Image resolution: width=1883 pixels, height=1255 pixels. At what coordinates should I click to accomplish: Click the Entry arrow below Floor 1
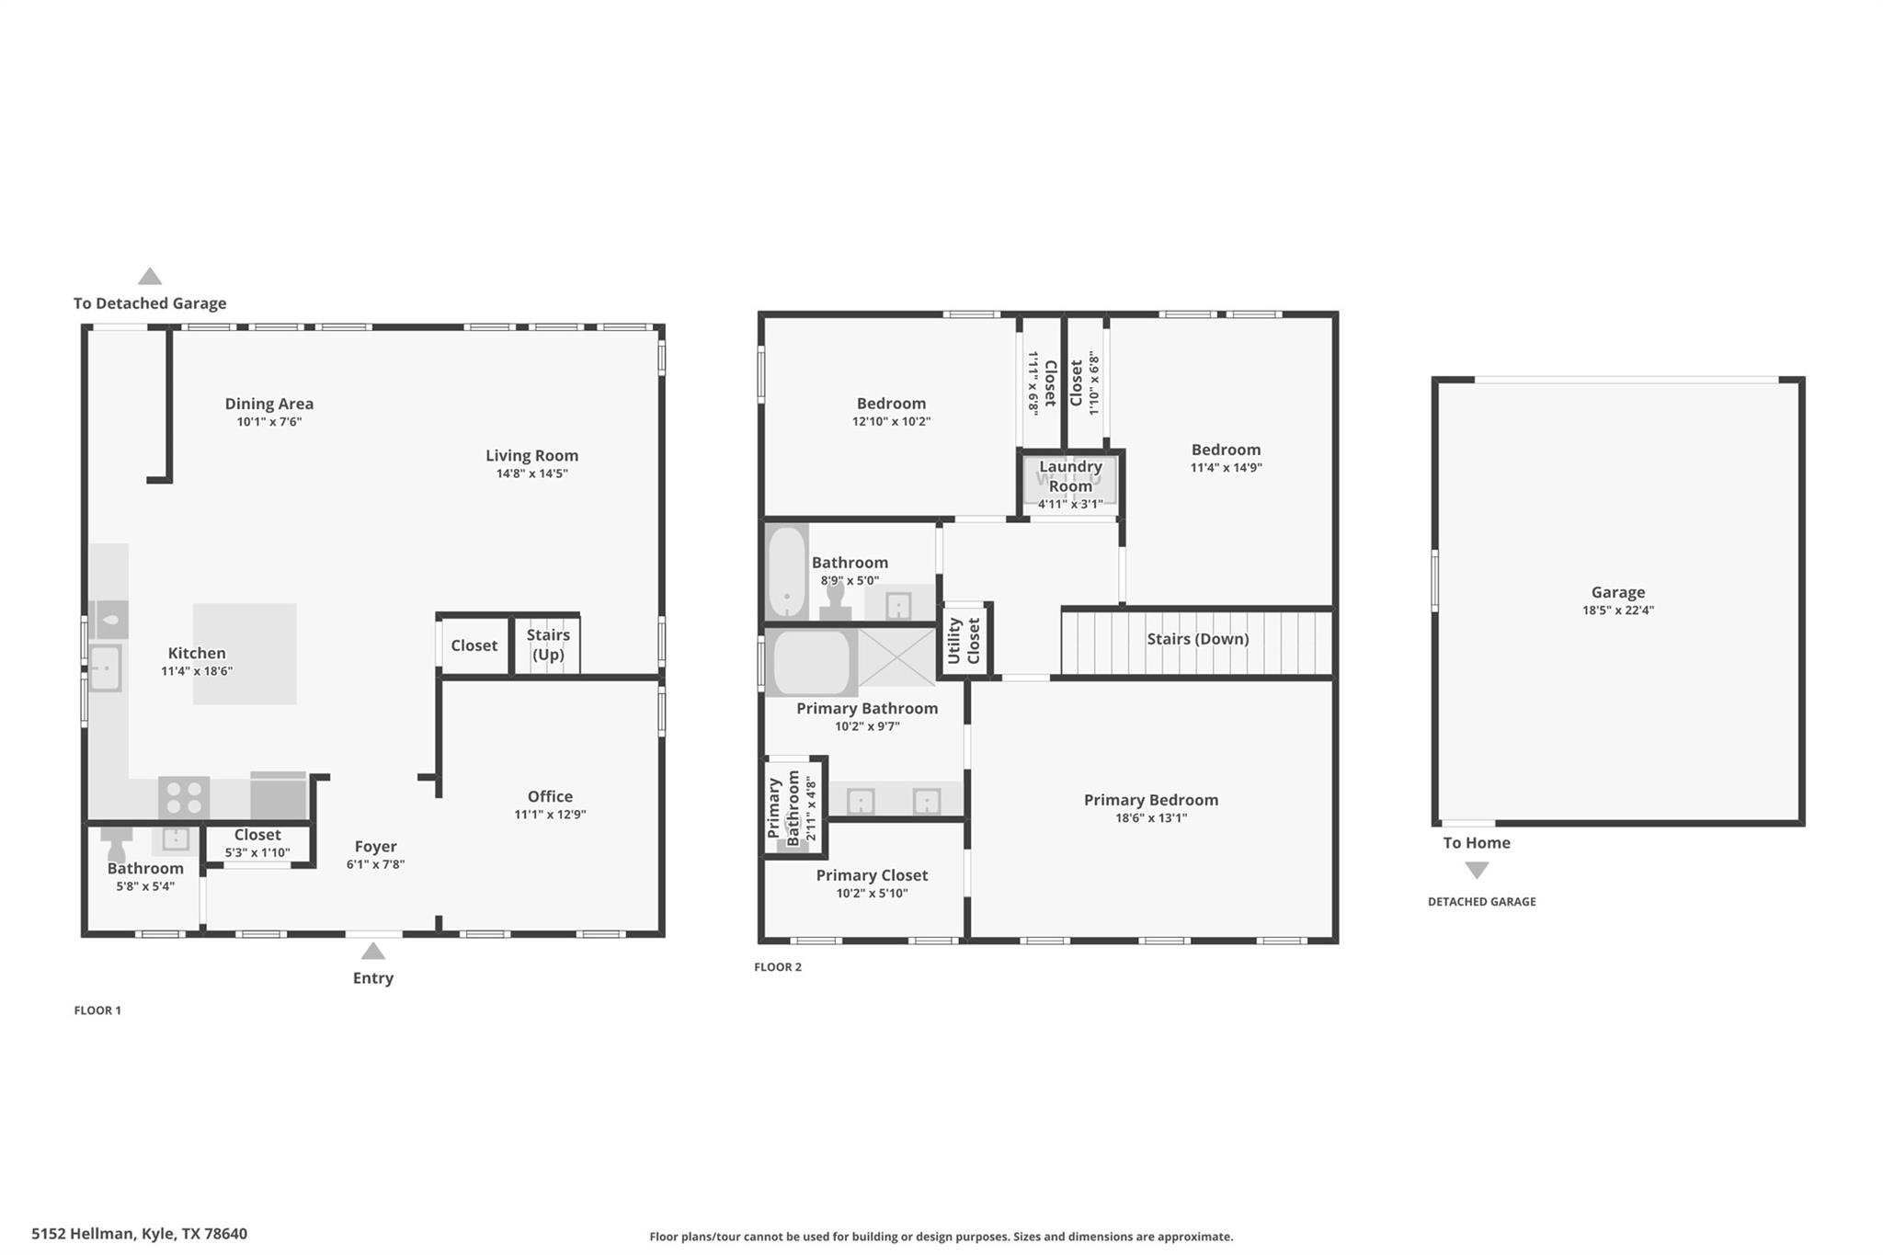[x=372, y=951]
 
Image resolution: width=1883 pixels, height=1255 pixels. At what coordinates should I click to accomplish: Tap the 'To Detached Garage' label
[x=150, y=303]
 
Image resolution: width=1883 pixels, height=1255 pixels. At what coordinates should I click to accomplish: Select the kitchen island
[x=245, y=654]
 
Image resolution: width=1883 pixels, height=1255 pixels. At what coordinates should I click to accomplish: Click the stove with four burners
[x=184, y=797]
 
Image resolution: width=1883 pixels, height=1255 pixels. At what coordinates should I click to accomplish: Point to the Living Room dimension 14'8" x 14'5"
[x=531, y=474]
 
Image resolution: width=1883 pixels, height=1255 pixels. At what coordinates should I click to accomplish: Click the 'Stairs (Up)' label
[x=548, y=645]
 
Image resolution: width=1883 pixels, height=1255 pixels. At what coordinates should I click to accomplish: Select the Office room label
[x=550, y=796]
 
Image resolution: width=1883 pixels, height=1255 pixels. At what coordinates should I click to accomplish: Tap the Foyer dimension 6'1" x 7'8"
[x=375, y=864]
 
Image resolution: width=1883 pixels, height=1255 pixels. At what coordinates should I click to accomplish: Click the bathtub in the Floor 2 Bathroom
[x=787, y=571]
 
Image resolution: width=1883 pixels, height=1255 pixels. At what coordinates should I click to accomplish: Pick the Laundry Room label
[x=1070, y=476]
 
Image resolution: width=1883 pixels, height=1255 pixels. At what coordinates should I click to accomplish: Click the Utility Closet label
[x=964, y=640]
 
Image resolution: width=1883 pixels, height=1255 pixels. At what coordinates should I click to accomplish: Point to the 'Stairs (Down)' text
[x=1197, y=639]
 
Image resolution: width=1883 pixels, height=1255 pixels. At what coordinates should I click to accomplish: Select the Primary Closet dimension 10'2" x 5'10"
[x=872, y=893]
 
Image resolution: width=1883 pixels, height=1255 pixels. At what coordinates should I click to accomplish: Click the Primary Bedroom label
[x=1150, y=800]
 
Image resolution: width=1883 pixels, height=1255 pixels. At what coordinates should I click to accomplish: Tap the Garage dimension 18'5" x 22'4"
[x=1617, y=610]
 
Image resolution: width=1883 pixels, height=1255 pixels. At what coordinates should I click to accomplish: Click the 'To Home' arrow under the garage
[x=1477, y=870]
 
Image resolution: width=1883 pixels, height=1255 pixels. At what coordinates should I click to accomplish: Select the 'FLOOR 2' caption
[x=778, y=967]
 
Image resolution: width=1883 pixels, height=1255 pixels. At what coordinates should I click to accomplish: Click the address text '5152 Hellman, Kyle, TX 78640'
[x=140, y=1234]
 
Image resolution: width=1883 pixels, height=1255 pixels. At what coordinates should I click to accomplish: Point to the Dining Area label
[x=269, y=404]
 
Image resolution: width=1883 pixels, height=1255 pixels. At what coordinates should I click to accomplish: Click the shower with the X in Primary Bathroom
[x=896, y=656]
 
